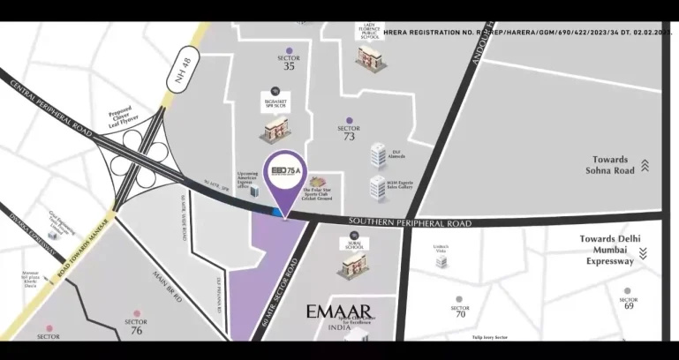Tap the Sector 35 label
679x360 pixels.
288,61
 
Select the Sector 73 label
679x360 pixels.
349,132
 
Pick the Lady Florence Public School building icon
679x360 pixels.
369,56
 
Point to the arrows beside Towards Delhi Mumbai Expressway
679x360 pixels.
643,253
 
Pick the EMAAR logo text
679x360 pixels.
340,311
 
